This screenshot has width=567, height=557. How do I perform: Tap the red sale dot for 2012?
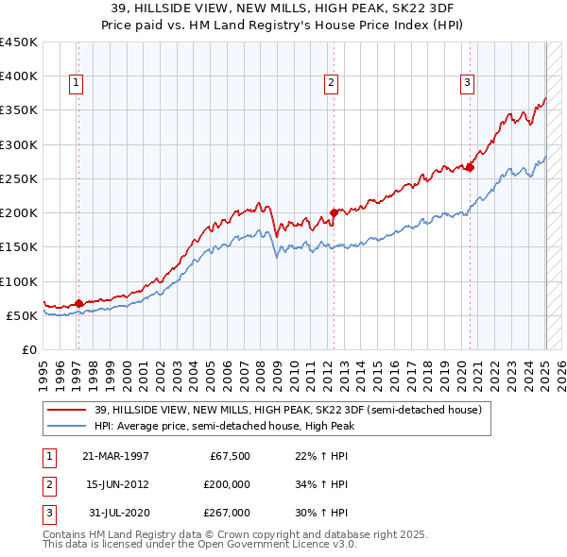tap(334, 212)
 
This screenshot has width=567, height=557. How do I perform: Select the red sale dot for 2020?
tap(470, 167)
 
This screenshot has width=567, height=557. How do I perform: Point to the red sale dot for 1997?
tap(78, 303)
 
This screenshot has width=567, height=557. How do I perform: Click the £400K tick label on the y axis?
tap(19, 76)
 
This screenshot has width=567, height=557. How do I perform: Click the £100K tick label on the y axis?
tap(19, 281)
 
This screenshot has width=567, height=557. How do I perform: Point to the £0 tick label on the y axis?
tap(30, 350)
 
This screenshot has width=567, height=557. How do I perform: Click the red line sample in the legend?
tap(68, 410)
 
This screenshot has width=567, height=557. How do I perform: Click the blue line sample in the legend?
tap(68, 425)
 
